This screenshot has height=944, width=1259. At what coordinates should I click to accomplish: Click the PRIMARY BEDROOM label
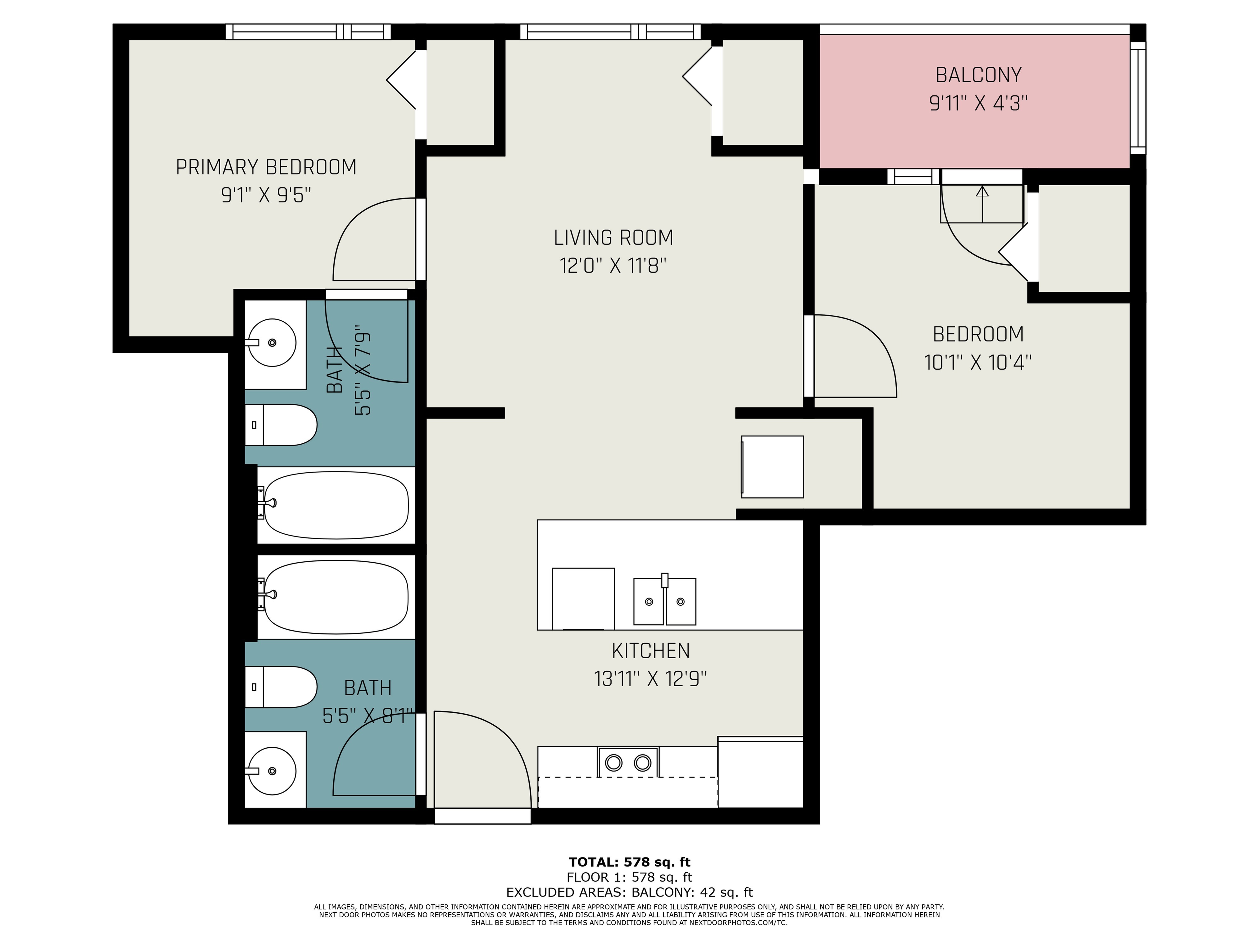point(266,167)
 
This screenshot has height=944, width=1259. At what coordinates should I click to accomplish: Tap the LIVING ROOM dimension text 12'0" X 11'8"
point(613,266)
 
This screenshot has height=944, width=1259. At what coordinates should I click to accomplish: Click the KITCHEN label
point(651,650)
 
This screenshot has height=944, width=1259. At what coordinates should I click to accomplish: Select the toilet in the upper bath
point(282,425)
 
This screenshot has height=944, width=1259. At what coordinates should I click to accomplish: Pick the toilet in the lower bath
point(282,687)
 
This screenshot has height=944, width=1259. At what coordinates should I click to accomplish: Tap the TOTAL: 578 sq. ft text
point(629,862)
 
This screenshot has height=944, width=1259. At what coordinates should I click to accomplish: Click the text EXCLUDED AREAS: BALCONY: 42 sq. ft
point(629,892)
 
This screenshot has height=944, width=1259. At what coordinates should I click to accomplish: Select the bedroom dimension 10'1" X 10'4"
point(978,362)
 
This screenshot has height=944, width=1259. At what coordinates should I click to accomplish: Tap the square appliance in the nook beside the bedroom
point(772,467)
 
